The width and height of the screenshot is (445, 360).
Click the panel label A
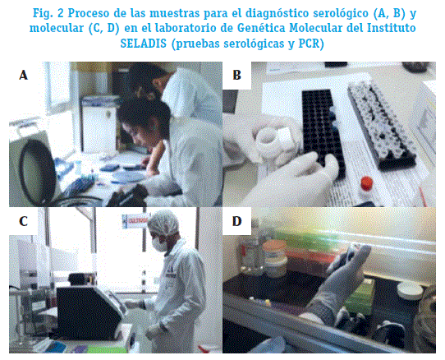pos(24,76)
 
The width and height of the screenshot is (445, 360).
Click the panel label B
pos(236,76)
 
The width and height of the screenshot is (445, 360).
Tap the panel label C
pos(24,221)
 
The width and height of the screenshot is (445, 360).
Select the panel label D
pos(237,221)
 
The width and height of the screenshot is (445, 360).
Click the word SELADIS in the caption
pos(144,44)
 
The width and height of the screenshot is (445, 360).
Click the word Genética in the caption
pos(261,28)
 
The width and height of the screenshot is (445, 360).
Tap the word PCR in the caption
pos(311,44)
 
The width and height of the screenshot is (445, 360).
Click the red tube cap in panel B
pos(366,182)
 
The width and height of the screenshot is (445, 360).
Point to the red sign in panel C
pos(135,221)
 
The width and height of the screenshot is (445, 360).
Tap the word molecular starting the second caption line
pos(56,29)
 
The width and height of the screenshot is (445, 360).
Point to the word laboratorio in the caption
pos(189,28)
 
